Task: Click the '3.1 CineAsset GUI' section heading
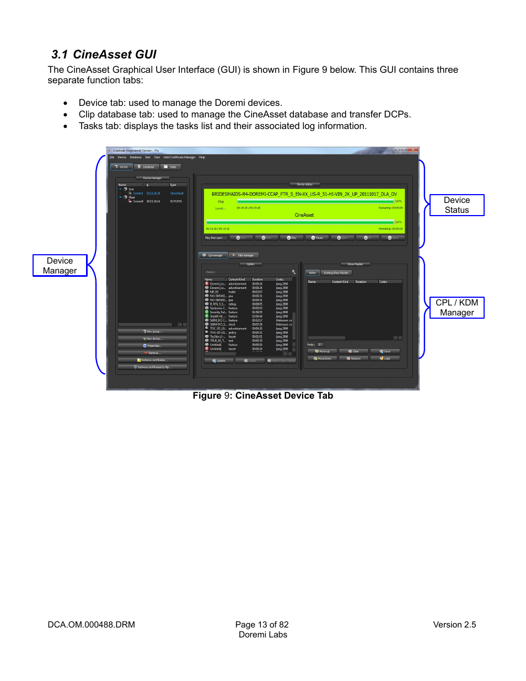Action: [x=104, y=55]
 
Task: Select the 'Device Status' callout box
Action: [x=457, y=205]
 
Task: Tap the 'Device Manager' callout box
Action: [x=60, y=265]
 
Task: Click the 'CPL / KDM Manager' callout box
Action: [x=457, y=308]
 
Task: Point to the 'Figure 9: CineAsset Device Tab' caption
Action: [x=262, y=395]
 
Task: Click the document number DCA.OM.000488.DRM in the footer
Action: [x=91, y=625]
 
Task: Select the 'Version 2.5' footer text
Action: [x=454, y=625]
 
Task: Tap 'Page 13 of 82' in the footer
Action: [x=262, y=625]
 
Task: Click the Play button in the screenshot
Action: [x=292, y=238]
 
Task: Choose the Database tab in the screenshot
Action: [x=147, y=167]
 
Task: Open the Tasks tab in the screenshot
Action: [x=170, y=167]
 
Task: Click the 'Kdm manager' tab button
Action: [x=244, y=255]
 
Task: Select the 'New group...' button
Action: [x=152, y=331]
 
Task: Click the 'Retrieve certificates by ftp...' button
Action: [x=152, y=367]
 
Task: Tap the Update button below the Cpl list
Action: [x=219, y=361]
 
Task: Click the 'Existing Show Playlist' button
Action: [x=336, y=272]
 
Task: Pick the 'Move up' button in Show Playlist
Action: [x=323, y=351]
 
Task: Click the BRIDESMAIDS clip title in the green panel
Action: [x=304, y=194]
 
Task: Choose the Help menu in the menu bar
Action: [x=202, y=157]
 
